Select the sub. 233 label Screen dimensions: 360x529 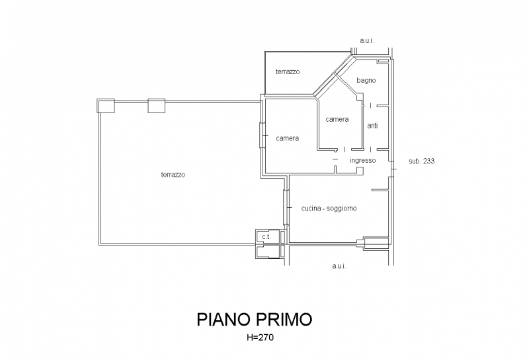pyautogui.click(x=421, y=161)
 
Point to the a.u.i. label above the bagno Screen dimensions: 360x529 pyautogui.click(x=367, y=41)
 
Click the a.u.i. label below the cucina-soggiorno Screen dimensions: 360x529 pyautogui.click(x=339, y=266)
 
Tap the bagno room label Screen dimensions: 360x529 pyautogui.click(x=366, y=80)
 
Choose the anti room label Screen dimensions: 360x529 pyautogui.click(x=372, y=125)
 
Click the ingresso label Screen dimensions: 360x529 pyautogui.click(x=363, y=160)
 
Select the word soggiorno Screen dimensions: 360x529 pyautogui.click(x=342, y=208)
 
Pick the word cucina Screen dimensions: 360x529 pyautogui.click(x=311, y=208)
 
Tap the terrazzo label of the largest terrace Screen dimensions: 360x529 pyautogui.click(x=173, y=175)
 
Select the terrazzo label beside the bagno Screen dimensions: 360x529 pyautogui.click(x=288, y=71)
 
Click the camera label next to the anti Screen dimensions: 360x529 pyautogui.click(x=337, y=119)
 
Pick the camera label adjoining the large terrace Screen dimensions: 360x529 pyautogui.click(x=288, y=138)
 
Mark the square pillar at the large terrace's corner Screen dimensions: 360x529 pyautogui.click(x=106, y=105)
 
